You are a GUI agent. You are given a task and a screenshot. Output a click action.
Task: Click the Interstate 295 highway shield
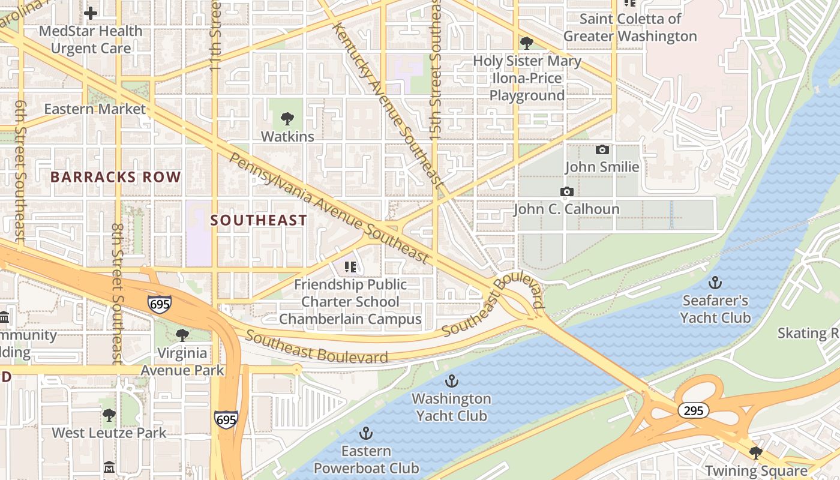(694, 410)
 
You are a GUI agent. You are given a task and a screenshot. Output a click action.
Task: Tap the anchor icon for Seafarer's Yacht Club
(715, 282)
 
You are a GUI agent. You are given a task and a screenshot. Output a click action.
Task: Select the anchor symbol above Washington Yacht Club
(451, 381)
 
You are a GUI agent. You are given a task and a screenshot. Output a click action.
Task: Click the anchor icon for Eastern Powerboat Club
(365, 433)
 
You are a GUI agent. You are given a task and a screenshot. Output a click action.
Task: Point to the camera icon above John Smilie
(602, 149)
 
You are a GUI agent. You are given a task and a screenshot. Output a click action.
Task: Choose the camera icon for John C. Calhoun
(566, 192)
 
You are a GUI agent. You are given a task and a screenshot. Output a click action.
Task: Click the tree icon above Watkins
(287, 119)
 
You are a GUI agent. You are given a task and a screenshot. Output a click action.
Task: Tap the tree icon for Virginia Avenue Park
(182, 335)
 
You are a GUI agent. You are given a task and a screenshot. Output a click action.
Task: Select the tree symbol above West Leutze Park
(109, 415)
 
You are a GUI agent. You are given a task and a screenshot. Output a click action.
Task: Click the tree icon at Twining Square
(756, 453)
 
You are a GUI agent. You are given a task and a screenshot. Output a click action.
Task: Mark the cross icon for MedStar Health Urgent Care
(91, 13)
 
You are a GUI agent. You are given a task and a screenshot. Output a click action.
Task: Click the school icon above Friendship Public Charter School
(350, 266)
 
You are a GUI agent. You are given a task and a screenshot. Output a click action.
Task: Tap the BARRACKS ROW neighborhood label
(115, 177)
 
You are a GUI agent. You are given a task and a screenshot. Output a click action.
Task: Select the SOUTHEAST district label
(259, 220)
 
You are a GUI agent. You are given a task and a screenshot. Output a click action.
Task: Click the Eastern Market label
(95, 109)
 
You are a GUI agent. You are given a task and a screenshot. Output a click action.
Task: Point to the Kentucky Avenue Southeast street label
(388, 105)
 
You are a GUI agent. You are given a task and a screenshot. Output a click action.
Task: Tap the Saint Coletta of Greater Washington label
(629, 28)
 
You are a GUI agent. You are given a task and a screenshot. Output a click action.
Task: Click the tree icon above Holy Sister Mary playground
(527, 43)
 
